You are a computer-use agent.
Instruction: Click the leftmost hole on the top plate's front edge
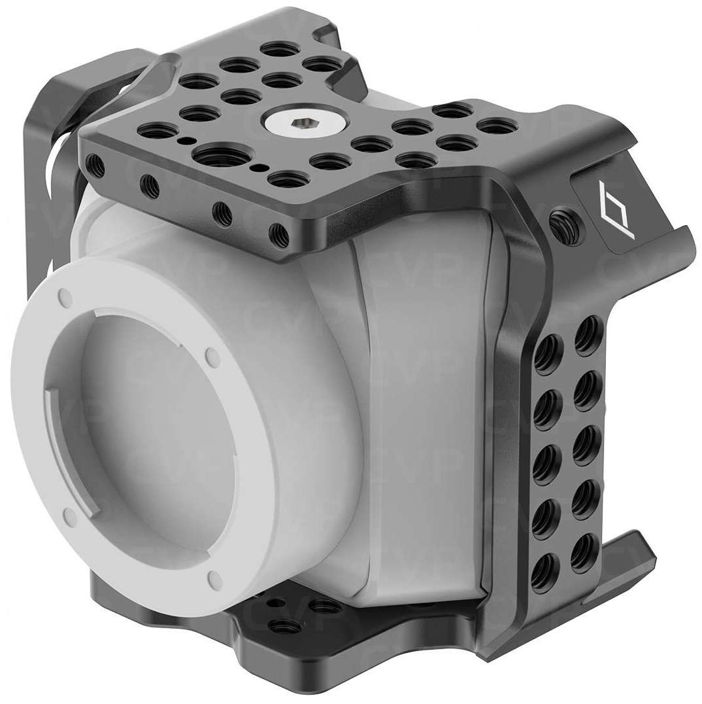pos(97,161)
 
